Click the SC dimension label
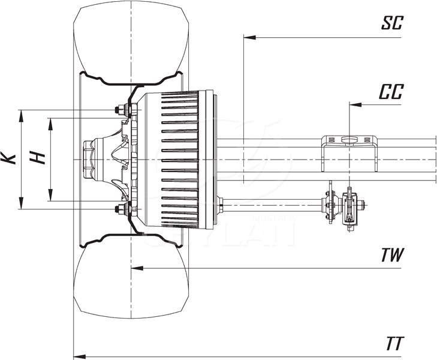tap(393, 23)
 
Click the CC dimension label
tap(391, 92)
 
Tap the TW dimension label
tap(393, 254)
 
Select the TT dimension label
tap(394, 344)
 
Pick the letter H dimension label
tap(38, 158)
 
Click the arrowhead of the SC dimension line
tap(248, 37)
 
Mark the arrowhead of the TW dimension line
tap(135, 268)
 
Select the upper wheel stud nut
tap(120, 110)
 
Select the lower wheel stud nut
tap(120, 209)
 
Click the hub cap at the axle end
tap(89, 159)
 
